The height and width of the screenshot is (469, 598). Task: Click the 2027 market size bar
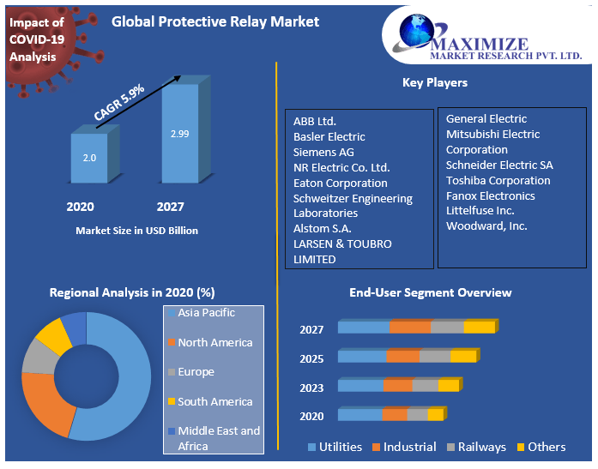[179, 134]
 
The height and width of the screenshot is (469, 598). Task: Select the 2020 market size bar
[89, 158]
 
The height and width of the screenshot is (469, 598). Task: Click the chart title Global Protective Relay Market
[215, 21]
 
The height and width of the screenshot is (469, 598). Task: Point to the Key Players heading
[435, 83]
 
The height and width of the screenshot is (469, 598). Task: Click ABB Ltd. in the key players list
[315, 121]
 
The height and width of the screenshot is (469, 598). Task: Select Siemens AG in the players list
[323, 152]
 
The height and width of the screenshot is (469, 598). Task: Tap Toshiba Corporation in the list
[498, 180]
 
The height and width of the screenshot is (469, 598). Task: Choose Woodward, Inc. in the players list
[486, 226]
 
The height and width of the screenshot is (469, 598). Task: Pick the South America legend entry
[214, 401]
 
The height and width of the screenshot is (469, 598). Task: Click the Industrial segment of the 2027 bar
[410, 327]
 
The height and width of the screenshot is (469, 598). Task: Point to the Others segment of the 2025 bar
[463, 357]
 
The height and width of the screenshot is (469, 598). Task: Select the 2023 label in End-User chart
[312, 388]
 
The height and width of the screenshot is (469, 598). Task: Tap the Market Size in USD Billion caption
[137, 231]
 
